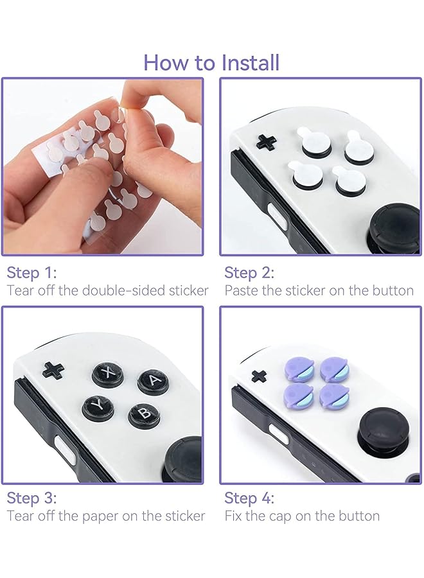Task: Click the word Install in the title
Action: (x=251, y=63)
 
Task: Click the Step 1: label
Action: (x=31, y=272)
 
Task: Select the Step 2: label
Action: (x=249, y=272)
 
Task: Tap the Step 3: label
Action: (x=31, y=498)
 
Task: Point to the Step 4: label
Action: (x=249, y=498)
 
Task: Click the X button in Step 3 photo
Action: (x=108, y=373)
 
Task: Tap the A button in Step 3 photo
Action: (x=153, y=380)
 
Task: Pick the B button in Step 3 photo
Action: (x=144, y=415)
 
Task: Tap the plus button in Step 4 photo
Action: (x=259, y=376)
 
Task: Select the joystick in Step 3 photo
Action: (x=184, y=457)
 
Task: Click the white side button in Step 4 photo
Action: (x=278, y=434)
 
